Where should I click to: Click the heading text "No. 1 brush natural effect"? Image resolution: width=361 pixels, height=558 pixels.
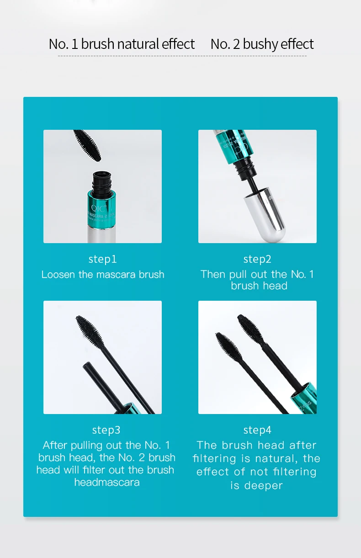pos(122,44)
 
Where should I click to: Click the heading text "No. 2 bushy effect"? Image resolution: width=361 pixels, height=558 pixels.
pos(262,44)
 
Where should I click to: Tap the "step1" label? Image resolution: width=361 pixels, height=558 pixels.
pos(102,259)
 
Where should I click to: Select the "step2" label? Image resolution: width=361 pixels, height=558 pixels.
pos(257,259)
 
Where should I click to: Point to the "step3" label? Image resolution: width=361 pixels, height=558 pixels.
pos(106,430)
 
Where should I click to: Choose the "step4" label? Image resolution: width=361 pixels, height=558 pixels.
pos(257,430)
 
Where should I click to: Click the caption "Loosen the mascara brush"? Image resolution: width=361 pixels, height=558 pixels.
pos(103,275)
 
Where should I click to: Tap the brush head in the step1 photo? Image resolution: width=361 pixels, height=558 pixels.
pos(87,146)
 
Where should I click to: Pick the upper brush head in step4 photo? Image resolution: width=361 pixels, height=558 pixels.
pos(250,329)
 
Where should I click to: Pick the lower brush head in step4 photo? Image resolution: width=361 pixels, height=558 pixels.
pos(228,347)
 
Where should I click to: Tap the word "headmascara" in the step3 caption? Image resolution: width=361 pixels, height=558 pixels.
pos(107,483)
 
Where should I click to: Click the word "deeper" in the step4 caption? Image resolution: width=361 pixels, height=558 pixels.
pos(264,486)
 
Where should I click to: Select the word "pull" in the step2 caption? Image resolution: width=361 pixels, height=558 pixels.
pos(238,275)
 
